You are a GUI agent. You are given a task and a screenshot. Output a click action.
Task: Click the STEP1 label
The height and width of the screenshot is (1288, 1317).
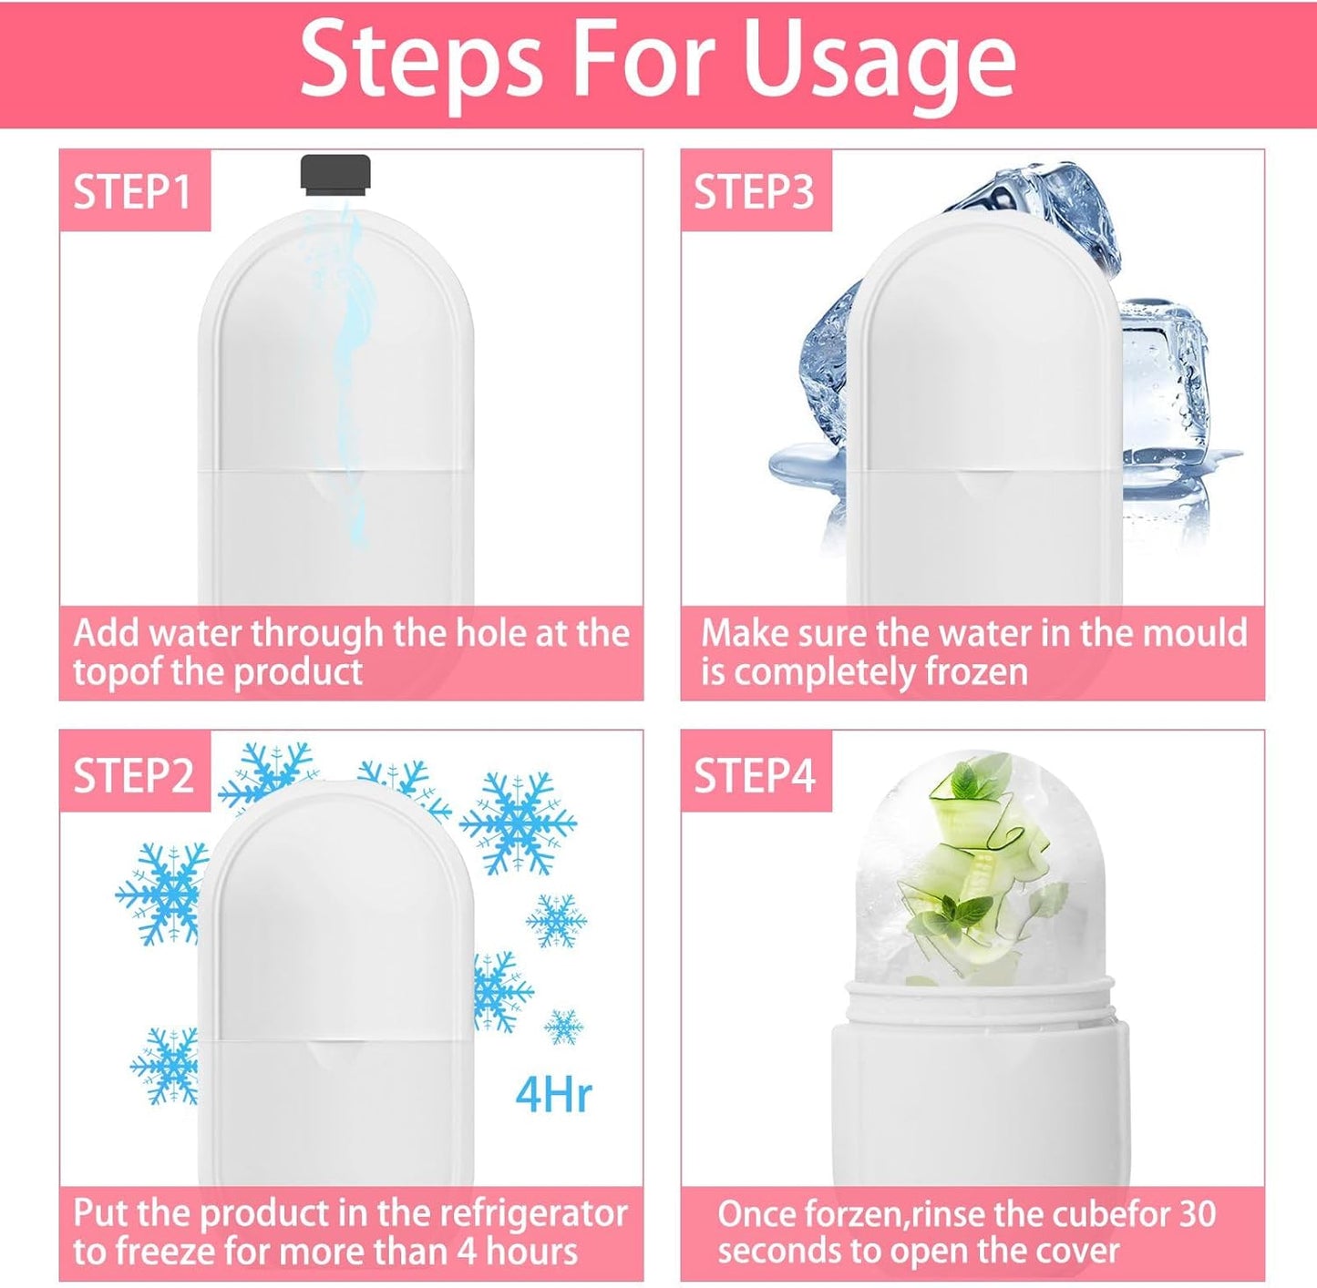click(x=133, y=192)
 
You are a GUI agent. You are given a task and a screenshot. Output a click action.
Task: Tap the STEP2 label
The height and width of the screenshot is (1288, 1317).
click(x=134, y=775)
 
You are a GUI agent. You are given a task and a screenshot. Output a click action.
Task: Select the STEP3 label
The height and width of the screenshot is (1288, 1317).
click(x=754, y=192)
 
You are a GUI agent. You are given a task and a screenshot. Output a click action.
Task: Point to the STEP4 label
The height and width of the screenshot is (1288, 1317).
click(x=754, y=775)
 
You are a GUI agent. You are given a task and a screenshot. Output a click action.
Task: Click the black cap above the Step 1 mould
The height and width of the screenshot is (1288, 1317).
click(x=335, y=175)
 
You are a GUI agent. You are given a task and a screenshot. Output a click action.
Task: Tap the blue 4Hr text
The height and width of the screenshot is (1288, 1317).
click(x=553, y=1094)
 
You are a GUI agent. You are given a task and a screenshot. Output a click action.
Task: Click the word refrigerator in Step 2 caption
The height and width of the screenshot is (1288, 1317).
click(x=533, y=1213)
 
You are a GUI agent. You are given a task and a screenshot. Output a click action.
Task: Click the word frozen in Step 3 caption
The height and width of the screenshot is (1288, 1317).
click(x=976, y=672)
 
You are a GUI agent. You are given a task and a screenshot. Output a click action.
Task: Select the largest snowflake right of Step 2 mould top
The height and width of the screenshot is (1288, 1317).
click(x=518, y=823)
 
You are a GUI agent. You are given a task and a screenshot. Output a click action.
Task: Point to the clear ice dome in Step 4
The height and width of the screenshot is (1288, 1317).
click(x=980, y=865)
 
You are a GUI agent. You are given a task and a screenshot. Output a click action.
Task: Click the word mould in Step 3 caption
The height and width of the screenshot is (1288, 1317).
click(x=1162, y=633)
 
